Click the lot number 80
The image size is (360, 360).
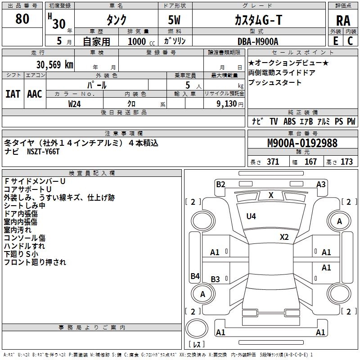[22, 19]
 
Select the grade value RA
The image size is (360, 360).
[343, 21]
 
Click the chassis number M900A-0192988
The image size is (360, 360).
[302, 143]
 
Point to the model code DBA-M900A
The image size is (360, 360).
[258, 41]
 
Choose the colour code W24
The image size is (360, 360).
[75, 104]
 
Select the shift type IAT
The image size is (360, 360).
[13, 94]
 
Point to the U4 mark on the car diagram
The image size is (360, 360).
[251, 216]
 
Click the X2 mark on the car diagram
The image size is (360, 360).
[284, 237]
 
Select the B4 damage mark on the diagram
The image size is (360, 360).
[195, 276]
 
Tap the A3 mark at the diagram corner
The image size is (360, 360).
[321, 184]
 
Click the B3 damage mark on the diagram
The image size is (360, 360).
[215, 279]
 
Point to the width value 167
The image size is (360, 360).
[311, 162]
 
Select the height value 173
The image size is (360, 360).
[346, 162]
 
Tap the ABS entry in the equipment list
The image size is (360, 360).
[289, 121]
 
